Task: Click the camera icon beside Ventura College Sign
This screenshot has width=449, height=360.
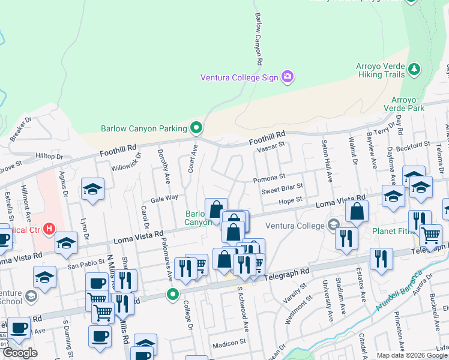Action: pyautogui.click(x=288, y=76)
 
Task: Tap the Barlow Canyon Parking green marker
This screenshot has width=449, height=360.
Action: pyautogui.click(x=196, y=128)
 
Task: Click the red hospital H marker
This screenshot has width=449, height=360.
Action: pyautogui.click(x=50, y=229)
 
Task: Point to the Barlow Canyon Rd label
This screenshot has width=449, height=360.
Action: pyautogui.click(x=259, y=39)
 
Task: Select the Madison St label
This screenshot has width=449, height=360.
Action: pyautogui.click(x=230, y=343)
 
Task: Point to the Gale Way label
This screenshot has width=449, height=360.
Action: pyautogui.click(x=164, y=197)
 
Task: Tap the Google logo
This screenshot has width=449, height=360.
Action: pyautogui.click(x=20, y=353)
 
